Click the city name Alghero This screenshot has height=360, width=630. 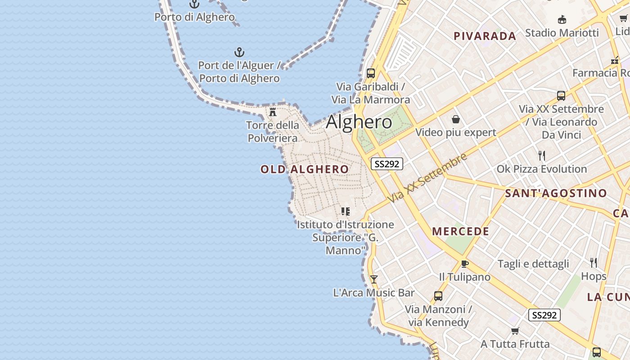(x=359, y=122)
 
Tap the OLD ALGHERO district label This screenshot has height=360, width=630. (x=304, y=169)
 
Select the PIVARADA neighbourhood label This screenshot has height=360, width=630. (x=485, y=36)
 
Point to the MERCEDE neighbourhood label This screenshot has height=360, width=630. (x=460, y=231)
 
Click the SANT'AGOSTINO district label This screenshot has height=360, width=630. (x=556, y=193)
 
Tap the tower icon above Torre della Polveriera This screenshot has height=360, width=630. (x=273, y=112)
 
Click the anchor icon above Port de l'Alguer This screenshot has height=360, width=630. (x=239, y=53)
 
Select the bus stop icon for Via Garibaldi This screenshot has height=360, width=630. (x=371, y=73)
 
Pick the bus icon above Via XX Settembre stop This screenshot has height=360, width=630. (x=561, y=95)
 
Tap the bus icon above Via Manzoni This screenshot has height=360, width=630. (x=438, y=296)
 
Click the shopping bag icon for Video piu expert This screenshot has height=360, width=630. (x=456, y=119)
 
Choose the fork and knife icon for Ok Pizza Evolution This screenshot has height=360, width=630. (x=542, y=156)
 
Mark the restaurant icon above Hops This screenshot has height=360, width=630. (x=594, y=263)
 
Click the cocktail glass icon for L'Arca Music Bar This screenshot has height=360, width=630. (x=373, y=279)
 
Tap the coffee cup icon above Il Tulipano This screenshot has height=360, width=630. (x=465, y=264)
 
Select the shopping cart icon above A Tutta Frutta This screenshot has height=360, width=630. (x=515, y=331)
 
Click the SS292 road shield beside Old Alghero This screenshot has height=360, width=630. (x=387, y=164)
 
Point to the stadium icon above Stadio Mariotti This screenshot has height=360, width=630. (x=562, y=20)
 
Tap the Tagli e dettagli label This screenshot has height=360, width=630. (x=533, y=264)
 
